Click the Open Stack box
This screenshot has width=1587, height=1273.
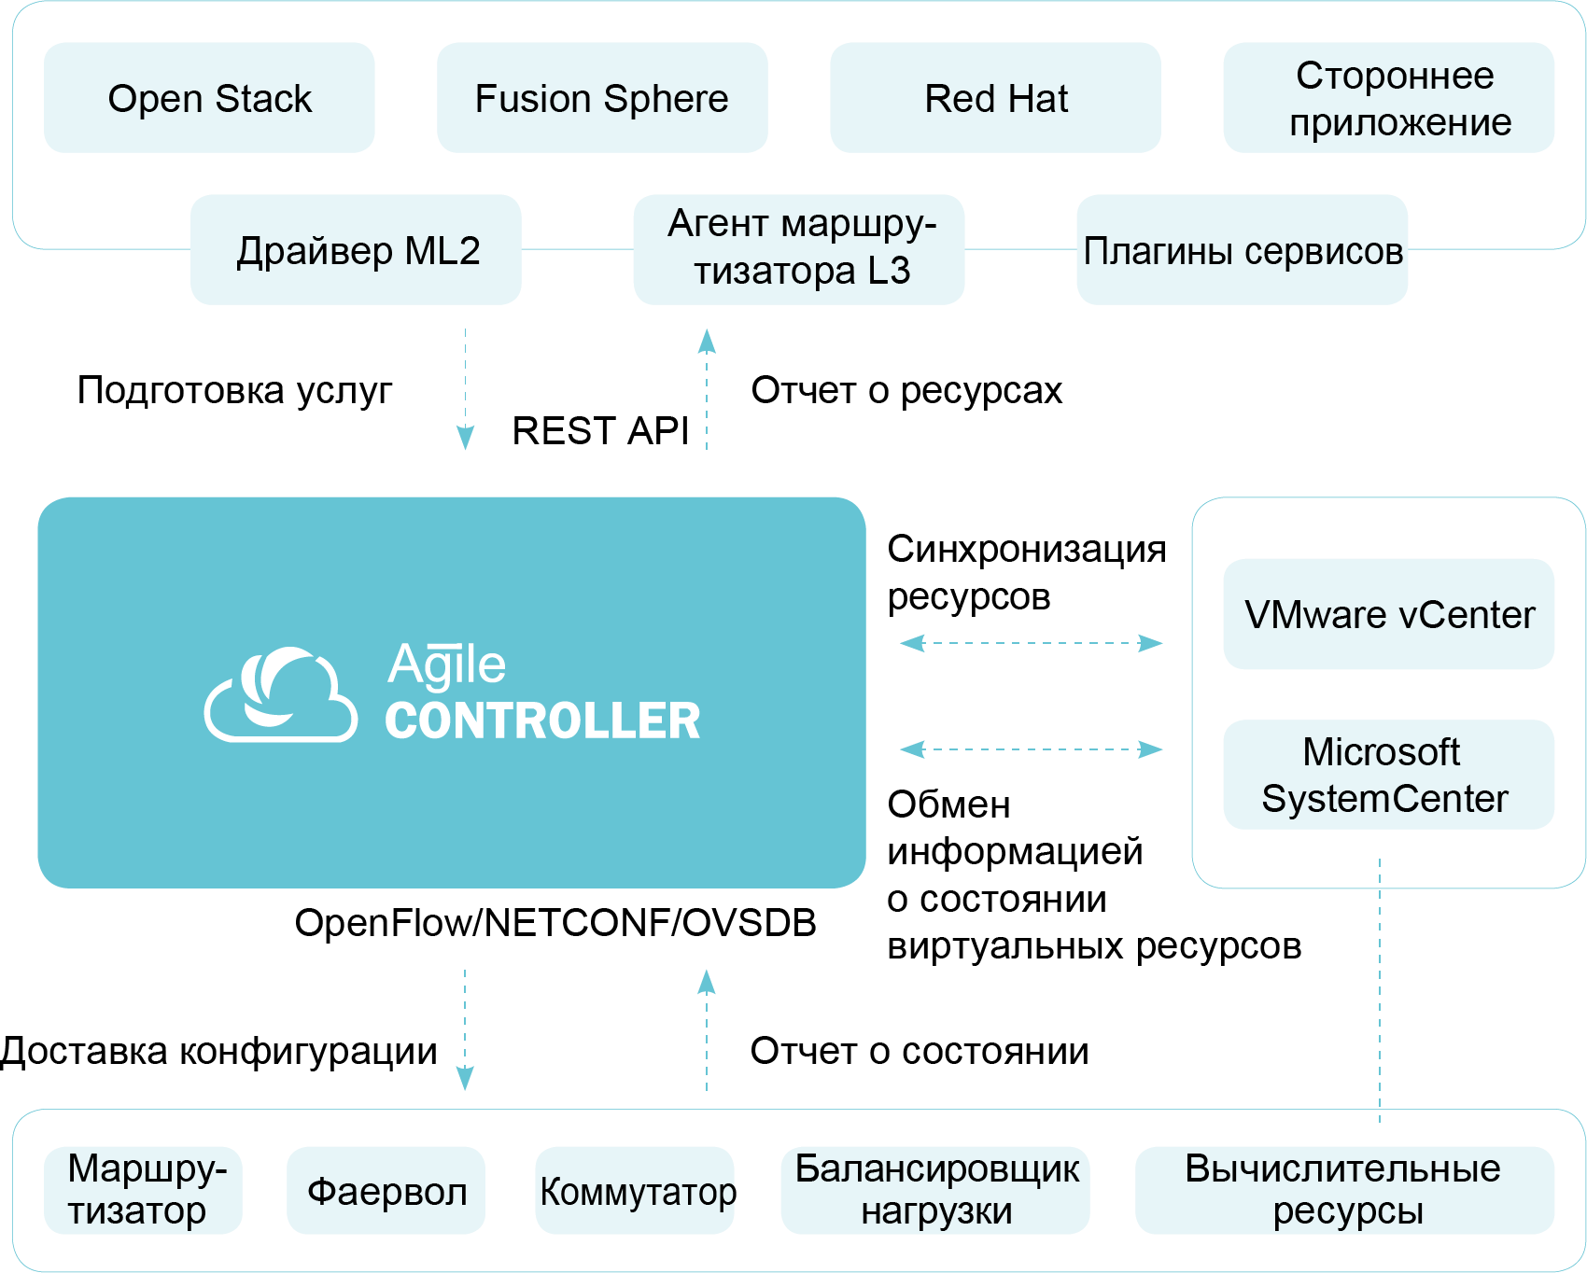coord(209,98)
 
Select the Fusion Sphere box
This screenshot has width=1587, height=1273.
coord(602,98)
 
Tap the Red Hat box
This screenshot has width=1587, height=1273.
coord(995,98)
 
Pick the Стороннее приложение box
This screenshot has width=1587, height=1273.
coord(1389,98)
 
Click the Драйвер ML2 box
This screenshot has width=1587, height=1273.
coord(356,250)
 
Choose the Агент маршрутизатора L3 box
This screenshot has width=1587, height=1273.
coord(799,250)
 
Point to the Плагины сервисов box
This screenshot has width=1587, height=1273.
coord(1242,250)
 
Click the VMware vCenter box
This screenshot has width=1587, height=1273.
coord(1389,614)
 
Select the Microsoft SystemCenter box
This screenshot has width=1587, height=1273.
coord(1389,775)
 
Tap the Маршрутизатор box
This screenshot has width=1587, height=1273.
coord(143,1190)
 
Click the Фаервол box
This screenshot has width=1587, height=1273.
coord(386,1190)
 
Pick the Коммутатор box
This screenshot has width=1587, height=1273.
coord(635,1190)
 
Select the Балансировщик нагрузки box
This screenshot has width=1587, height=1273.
coord(935,1190)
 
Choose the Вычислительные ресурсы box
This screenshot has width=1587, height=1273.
coord(1344,1190)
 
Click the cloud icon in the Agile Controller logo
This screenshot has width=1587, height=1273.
coord(280,694)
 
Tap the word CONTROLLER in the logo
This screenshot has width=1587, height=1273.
coord(542,721)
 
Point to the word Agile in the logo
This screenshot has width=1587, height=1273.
coord(447,665)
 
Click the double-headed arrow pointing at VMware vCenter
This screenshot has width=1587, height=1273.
coord(1032,643)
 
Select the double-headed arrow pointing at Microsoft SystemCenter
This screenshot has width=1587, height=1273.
coord(1032,749)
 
